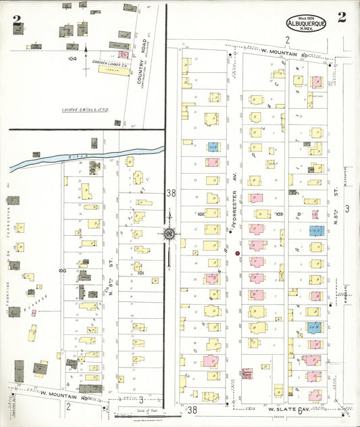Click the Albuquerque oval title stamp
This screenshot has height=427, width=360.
[x=307, y=22]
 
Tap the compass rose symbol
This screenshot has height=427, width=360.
[x=169, y=234]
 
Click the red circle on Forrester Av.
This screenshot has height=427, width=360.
[x=238, y=253]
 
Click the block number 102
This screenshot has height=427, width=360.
[x=201, y=213]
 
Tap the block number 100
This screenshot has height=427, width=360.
[x=62, y=270]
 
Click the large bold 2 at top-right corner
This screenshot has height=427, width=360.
[x=342, y=18]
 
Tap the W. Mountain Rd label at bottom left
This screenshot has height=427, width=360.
[x=63, y=393]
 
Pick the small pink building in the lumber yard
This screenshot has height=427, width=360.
[x=123, y=53]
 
